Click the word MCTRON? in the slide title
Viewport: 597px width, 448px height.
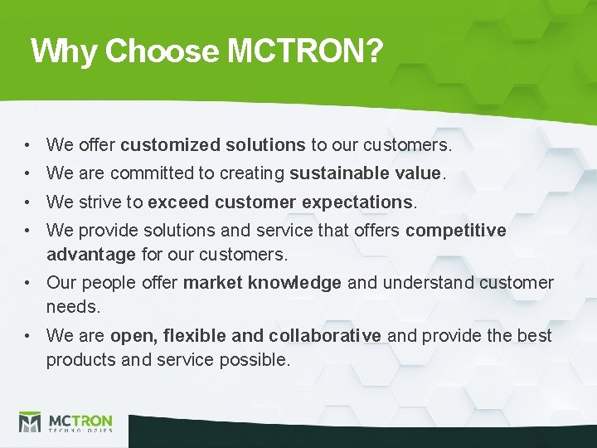point(304,51)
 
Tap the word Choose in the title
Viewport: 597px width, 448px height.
point(162,51)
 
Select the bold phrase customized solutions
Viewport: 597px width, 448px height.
point(213,145)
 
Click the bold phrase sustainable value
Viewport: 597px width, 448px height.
point(366,173)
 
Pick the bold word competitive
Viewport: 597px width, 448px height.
point(456,230)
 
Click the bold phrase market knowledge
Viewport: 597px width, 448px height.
point(262,283)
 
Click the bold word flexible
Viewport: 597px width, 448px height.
point(196,335)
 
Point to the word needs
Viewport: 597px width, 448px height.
point(73,306)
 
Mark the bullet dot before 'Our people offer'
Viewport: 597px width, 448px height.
point(27,283)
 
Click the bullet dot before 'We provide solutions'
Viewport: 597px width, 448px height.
point(27,230)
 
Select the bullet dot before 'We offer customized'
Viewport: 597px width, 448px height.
point(27,145)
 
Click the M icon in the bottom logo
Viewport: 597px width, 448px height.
point(30,421)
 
